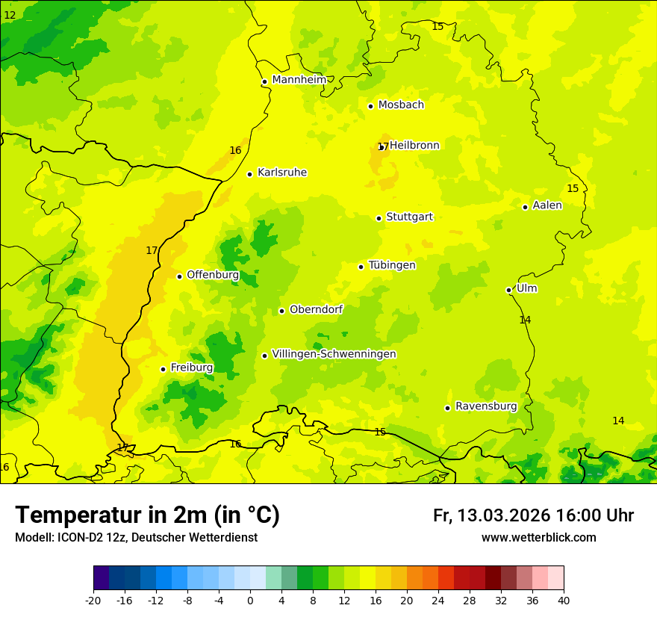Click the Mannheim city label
pyautogui.click(x=299, y=80)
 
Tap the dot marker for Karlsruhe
pyautogui.click(x=249, y=174)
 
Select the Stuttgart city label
pyautogui.click(x=409, y=217)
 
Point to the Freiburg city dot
pyautogui.click(x=163, y=369)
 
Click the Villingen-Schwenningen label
pyautogui.click(x=334, y=354)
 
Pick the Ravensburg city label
pyautogui.click(x=486, y=406)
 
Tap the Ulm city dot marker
pyautogui.click(x=508, y=290)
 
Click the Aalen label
pyautogui.click(x=547, y=205)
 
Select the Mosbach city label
pyautogui.click(x=401, y=105)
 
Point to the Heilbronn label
pyautogui.click(x=414, y=146)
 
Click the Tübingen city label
pyautogui.click(x=392, y=265)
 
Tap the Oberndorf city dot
pyautogui.click(x=281, y=311)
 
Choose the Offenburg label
pyautogui.click(x=213, y=275)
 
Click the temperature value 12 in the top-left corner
pyautogui.click(x=10, y=15)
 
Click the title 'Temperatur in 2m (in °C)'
pyautogui.click(x=147, y=515)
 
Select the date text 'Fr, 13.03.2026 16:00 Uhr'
pyautogui.click(x=533, y=515)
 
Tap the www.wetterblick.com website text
pyautogui.click(x=538, y=538)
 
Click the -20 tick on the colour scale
pyautogui.click(x=93, y=600)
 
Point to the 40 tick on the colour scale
pyautogui.click(x=563, y=600)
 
